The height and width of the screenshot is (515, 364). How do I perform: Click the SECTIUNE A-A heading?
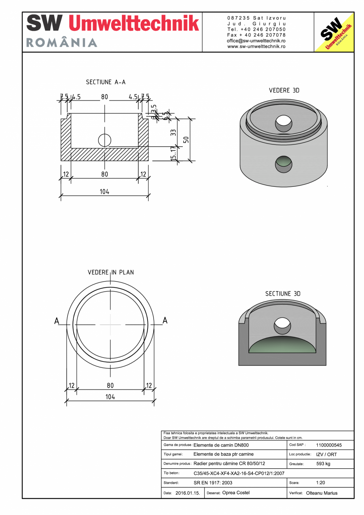[x=106, y=82]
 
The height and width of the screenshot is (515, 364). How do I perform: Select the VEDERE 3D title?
[x=284, y=90]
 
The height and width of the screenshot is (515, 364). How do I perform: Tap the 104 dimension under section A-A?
[x=104, y=192]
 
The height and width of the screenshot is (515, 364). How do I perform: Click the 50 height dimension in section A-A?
[x=186, y=140]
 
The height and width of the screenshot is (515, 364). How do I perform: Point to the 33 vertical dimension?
[x=173, y=133]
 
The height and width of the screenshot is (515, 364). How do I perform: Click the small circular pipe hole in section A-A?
[x=104, y=140]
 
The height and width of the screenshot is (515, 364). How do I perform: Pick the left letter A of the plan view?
[x=57, y=321]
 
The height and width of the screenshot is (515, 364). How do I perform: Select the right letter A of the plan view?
[x=165, y=320]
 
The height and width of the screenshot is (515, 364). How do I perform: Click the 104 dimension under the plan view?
[x=110, y=397]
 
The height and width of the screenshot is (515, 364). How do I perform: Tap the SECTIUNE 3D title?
[x=282, y=294]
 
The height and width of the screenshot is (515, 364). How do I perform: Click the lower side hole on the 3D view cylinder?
[x=284, y=164]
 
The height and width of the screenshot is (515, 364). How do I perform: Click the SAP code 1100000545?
[x=329, y=445]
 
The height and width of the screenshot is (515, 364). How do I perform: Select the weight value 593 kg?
[x=323, y=464]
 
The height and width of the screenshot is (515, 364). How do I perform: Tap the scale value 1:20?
[x=320, y=483]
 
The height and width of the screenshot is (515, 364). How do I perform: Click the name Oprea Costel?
[x=236, y=493]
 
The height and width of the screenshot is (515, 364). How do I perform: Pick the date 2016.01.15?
[x=188, y=493]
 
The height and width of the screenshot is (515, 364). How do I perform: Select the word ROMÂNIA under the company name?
[x=62, y=43]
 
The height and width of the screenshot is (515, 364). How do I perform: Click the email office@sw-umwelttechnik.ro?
[x=256, y=41]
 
